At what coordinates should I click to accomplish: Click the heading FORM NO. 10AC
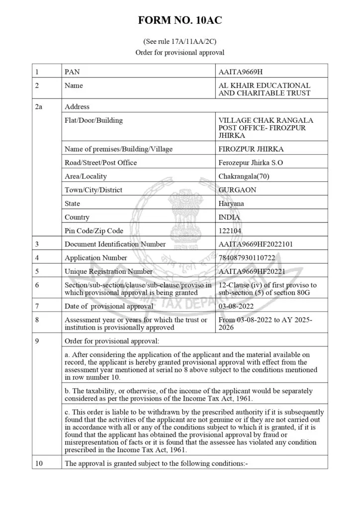tap(180, 20)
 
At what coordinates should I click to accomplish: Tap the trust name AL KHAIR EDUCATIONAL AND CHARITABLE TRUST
tap(264, 89)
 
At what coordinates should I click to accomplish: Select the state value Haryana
tap(231, 203)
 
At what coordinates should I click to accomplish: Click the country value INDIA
tap(229, 217)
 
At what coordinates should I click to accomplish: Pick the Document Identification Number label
tap(115, 244)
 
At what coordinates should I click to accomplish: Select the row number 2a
tap(39, 106)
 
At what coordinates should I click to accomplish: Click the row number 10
tap(39, 463)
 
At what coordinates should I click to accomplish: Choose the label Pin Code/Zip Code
tap(93, 231)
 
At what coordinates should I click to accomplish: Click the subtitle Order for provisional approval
tap(180, 52)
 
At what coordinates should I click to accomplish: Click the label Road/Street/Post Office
tap(100, 163)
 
